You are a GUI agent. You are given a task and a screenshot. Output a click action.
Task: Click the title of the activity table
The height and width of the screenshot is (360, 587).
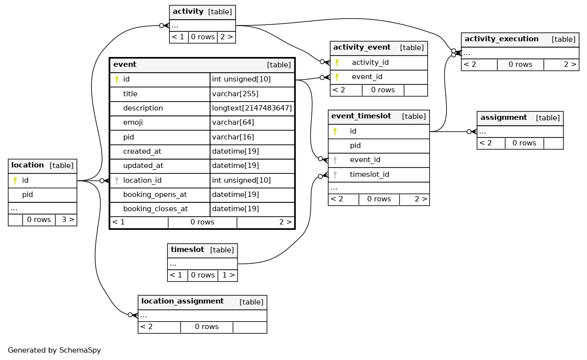(x=188, y=11)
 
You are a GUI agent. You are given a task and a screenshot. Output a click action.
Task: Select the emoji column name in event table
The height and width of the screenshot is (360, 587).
(x=133, y=122)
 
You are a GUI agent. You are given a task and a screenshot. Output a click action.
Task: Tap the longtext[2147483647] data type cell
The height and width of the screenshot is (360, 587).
(x=252, y=108)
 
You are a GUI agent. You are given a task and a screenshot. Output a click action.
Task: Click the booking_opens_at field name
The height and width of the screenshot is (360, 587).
(x=155, y=195)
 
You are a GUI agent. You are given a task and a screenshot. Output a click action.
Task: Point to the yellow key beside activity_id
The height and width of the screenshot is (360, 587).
(x=337, y=62)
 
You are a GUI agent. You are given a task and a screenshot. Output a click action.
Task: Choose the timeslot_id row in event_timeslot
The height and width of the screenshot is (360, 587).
(x=378, y=174)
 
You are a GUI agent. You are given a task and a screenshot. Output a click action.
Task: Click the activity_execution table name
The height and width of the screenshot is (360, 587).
(x=501, y=39)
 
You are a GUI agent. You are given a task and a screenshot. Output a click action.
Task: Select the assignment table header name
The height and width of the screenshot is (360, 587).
(x=504, y=118)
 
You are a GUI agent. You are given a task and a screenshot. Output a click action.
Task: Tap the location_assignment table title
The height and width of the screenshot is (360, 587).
(x=182, y=301)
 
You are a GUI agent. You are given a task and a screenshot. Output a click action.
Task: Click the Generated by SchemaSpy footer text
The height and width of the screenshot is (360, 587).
(x=54, y=350)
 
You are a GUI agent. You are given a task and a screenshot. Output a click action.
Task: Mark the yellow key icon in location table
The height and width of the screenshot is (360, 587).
(x=15, y=181)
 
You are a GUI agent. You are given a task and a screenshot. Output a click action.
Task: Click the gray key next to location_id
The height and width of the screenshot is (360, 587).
(x=117, y=181)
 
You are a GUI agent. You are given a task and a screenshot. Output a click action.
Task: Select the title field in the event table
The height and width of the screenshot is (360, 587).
(x=130, y=94)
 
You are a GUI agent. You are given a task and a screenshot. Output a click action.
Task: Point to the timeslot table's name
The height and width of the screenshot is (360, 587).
(x=187, y=250)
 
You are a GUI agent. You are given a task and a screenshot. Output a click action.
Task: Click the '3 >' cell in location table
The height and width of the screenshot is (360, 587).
(x=66, y=220)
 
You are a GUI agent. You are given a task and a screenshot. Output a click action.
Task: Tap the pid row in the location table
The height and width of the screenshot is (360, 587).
(x=42, y=195)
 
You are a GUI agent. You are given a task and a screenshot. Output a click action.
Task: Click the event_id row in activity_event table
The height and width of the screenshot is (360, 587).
(x=378, y=77)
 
